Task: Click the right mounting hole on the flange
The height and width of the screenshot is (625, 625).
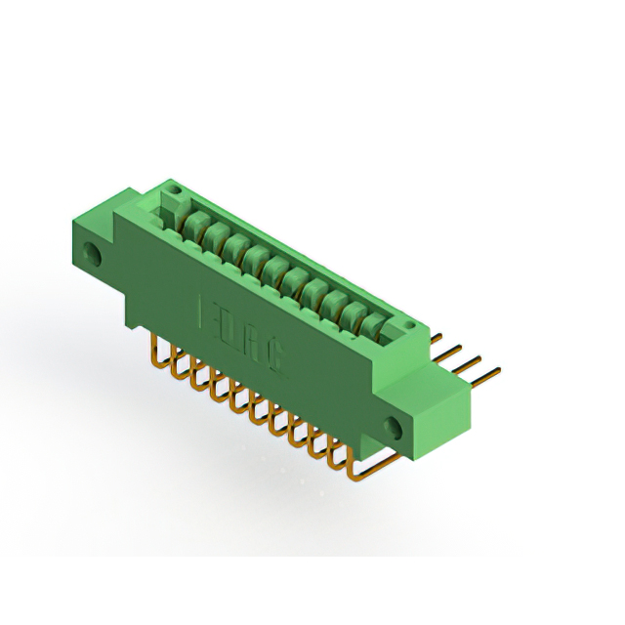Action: pyautogui.click(x=396, y=427)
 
